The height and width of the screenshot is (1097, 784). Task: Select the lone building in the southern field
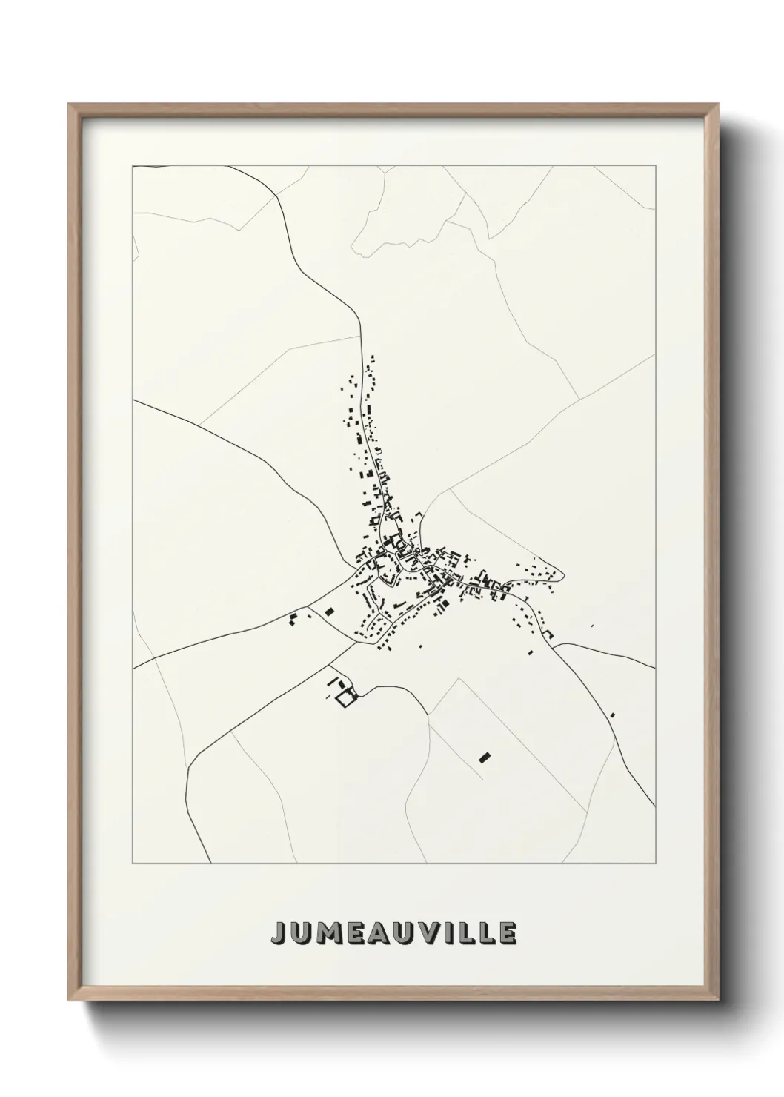point(485,756)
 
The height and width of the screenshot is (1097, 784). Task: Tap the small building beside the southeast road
point(613,715)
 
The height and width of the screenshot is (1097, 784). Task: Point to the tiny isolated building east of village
point(591,626)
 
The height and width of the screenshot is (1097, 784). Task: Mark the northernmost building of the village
point(372,358)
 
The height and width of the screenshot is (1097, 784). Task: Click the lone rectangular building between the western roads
point(329,611)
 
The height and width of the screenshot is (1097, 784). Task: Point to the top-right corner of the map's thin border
point(657,166)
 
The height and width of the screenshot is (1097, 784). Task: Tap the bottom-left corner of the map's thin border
point(133,864)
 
